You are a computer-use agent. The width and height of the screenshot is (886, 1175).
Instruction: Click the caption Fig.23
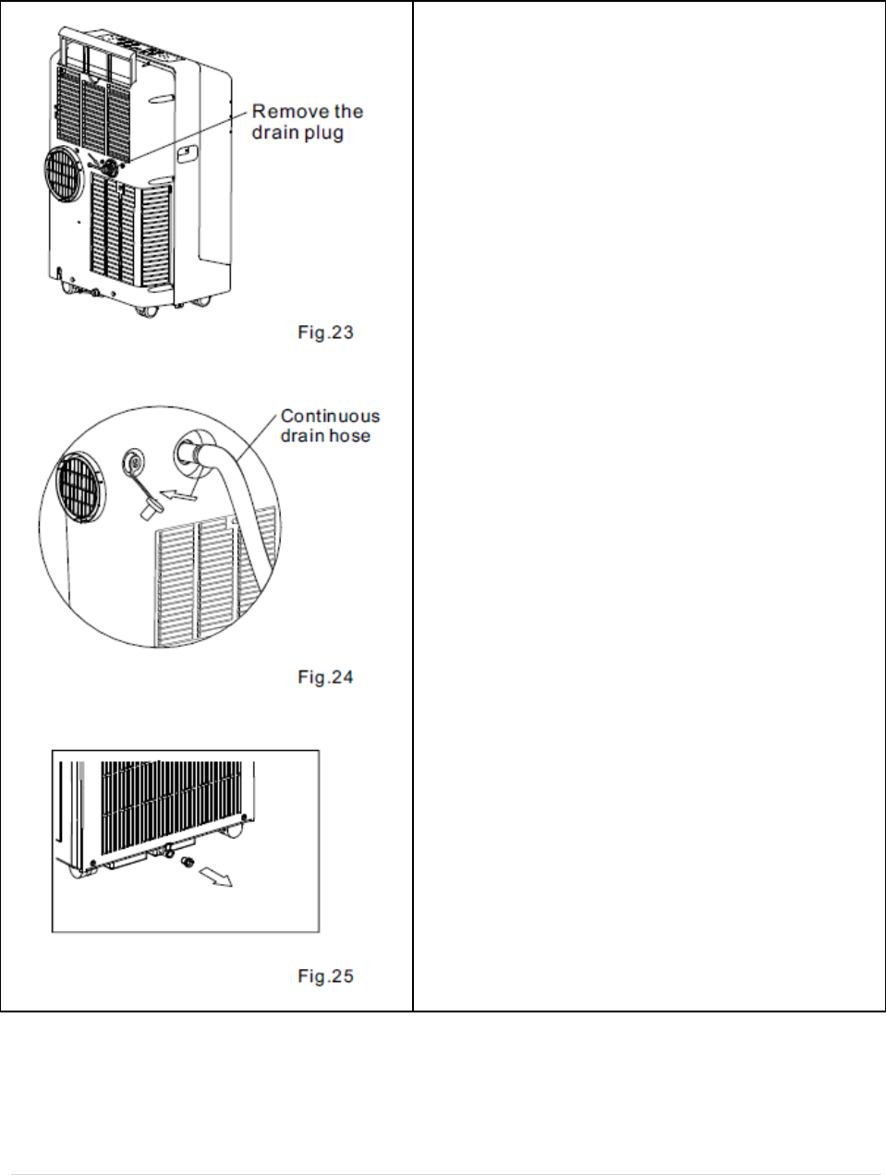(x=325, y=333)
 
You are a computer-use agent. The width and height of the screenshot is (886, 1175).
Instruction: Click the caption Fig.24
(x=325, y=677)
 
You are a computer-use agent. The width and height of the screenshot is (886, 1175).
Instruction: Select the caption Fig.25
(x=325, y=975)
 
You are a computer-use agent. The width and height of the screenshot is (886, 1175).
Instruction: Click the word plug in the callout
(x=325, y=133)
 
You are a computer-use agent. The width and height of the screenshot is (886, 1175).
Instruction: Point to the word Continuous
(x=330, y=417)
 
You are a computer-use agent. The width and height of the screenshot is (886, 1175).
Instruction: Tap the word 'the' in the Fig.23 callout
(x=349, y=112)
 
